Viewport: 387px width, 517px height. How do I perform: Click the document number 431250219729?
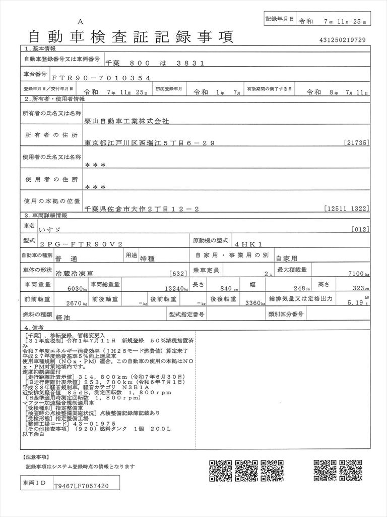[342, 40]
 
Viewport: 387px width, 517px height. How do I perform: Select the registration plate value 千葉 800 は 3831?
[154, 63]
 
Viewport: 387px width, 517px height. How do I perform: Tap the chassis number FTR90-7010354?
[100, 78]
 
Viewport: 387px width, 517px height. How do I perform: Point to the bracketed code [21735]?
[358, 143]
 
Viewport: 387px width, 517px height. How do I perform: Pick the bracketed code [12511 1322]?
[348, 208]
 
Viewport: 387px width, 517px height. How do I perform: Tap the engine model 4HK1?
[252, 243]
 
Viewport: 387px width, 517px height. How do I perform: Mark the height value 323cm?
[358, 288]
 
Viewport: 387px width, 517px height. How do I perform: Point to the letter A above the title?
[81, 22]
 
